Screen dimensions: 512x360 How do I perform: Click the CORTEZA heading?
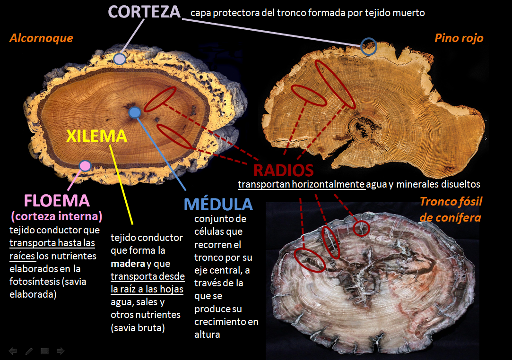tap(145, 11)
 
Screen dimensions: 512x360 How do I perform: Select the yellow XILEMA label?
tap(96, 136)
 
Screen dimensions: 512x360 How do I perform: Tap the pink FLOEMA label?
tap(57, 200)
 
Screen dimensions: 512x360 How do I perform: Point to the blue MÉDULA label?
tap(218, 204)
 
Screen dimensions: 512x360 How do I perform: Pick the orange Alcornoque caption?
tap(41, 38)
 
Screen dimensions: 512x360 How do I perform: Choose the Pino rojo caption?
tap(459, 38)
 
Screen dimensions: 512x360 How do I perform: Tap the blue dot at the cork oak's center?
tap(135, 112)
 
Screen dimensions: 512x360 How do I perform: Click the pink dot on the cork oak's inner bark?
tap(85, 165)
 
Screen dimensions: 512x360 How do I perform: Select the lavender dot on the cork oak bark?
tap(120, 59)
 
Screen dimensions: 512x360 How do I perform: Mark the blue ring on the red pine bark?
tap(368, 47)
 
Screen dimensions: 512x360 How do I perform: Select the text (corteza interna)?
tap(57, 217)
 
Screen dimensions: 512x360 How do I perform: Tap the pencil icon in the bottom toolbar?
tap(29, 351)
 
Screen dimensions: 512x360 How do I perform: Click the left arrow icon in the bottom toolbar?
tap(13, 351)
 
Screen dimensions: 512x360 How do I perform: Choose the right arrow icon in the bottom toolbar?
tap(61, 351)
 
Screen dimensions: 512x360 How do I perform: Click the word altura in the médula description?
tap(208, 334)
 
